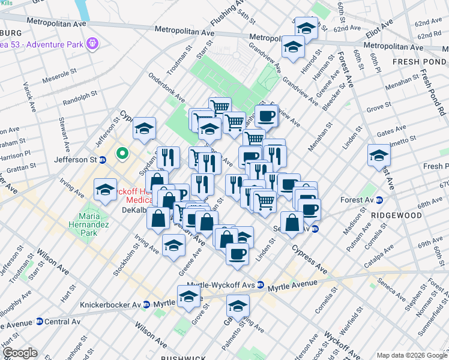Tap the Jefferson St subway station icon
click(103, 160)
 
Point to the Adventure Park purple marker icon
click(91, 43)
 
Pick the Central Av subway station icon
click(40, 322)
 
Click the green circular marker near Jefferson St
click(122, 154)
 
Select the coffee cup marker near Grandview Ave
click(265, 116)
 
